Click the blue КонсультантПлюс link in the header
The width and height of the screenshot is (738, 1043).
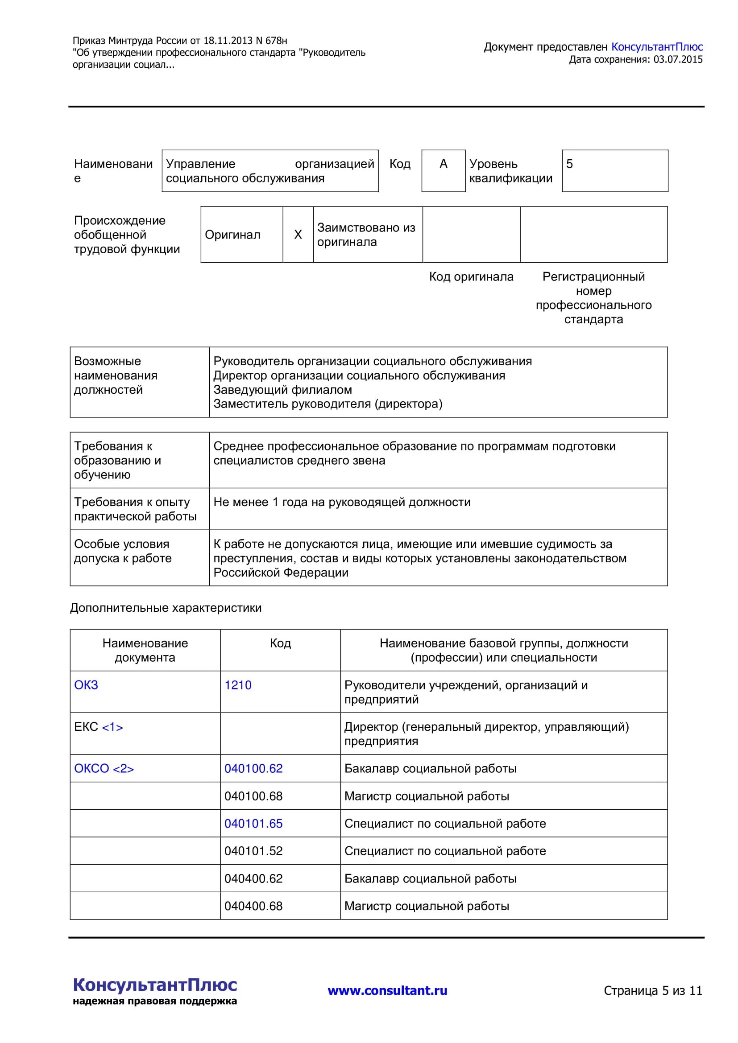click(657, 47)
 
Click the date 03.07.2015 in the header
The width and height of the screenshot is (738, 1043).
click(678, 59)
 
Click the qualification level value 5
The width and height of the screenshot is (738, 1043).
click(569, 164)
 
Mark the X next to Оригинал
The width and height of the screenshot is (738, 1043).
click(298, 235)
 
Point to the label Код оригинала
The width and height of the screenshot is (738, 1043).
click(471, 276)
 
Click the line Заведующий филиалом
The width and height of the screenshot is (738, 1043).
click(282, 390)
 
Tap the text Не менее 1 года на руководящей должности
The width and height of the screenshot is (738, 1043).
click(342, 502)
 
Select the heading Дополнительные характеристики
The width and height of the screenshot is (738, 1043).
click(166, 608)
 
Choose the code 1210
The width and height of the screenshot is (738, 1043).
click(238, 685)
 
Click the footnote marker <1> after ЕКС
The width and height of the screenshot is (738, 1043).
click(112, 727)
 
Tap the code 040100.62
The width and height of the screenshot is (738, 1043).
click(253, 769)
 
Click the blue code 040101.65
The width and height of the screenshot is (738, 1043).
click(253, 824)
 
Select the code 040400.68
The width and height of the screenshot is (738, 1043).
click(253, 906)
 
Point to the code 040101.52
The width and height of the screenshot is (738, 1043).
click(253, 851)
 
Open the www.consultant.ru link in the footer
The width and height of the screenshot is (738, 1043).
click(387, 991)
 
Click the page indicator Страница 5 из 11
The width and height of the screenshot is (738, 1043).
click(653, 991)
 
